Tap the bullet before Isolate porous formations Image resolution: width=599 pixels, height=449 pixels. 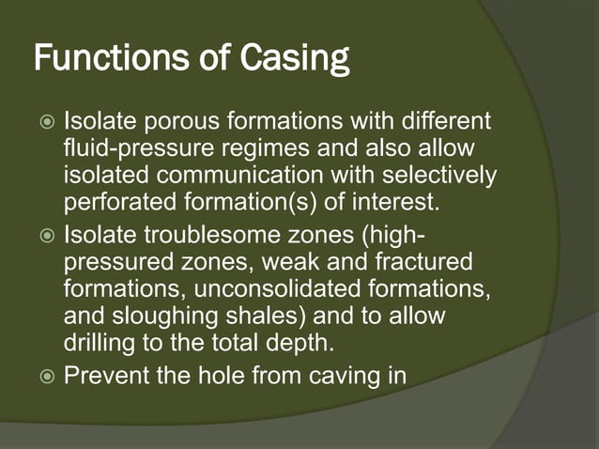click(x=45, y=123)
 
